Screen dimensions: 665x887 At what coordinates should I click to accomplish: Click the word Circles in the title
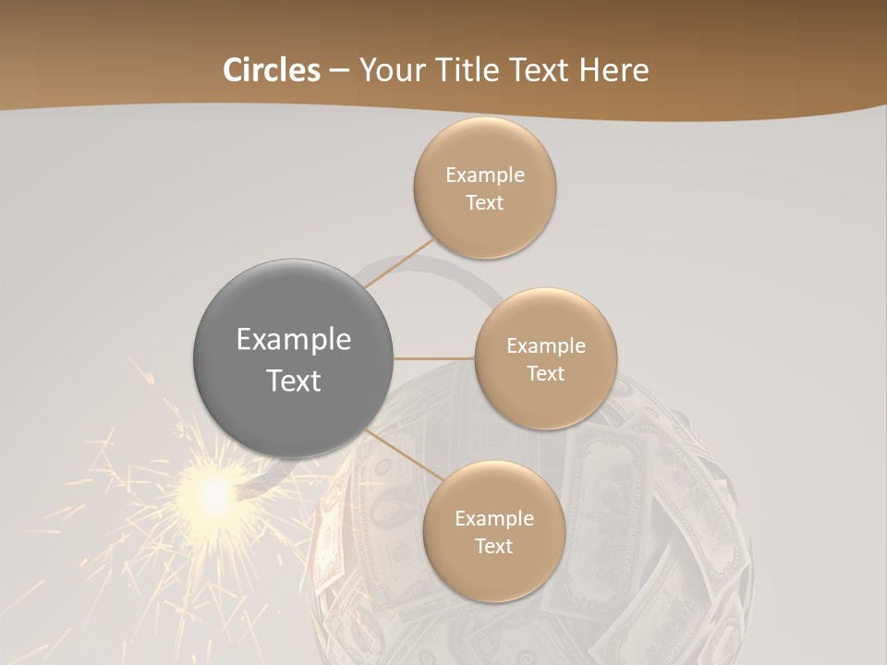click(x=271, y=70)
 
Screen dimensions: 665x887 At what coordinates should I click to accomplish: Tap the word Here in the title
click(x=614, y=70)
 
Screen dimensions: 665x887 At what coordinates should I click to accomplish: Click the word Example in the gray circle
click(x=294, y=340)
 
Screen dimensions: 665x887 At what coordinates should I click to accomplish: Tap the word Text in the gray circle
click(x=294, y=381)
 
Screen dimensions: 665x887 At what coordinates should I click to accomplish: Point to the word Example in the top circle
click(x=485, y=175)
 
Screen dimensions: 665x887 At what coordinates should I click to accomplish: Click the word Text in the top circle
click(x=485, y=203)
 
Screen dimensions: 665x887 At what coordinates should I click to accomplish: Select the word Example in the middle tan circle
click(x=546, y=346)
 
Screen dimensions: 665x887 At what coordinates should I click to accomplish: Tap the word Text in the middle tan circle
click(x=546, y=374)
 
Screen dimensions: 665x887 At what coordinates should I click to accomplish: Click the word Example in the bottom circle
click(x=494, y=519)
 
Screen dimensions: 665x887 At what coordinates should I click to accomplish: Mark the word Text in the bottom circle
click(x=494, y=547)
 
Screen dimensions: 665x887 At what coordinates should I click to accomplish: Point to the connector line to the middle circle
click(x=434, y=358)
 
